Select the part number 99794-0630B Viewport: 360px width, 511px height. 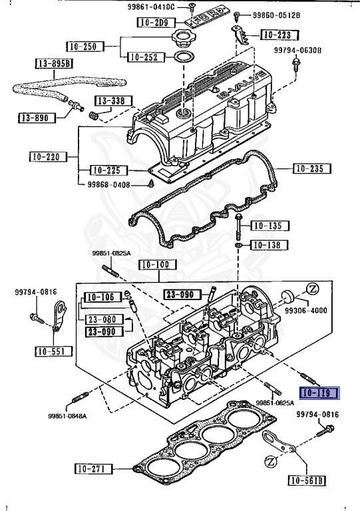pos(299,50)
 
